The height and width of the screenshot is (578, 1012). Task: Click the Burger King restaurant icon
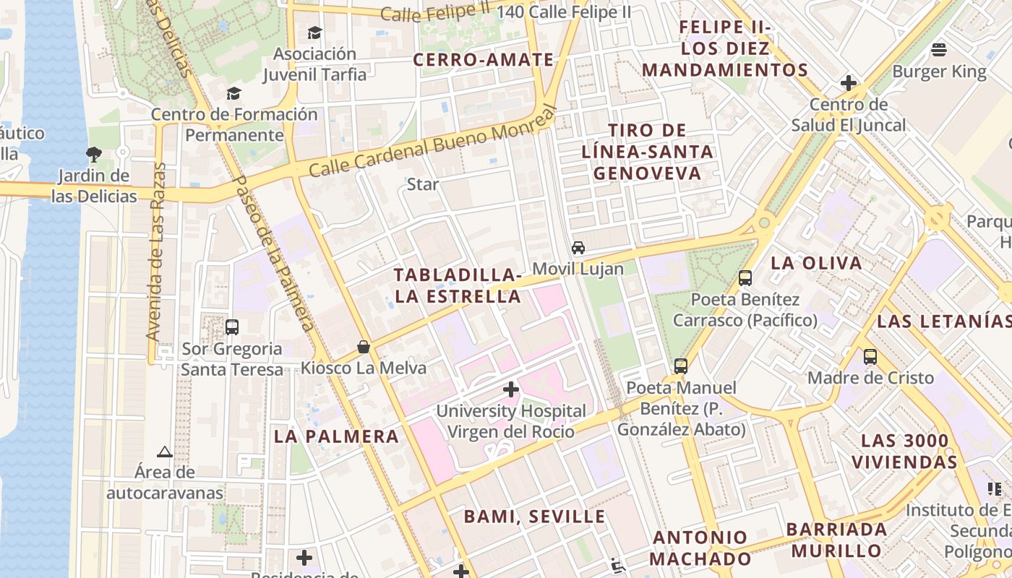point(939,50)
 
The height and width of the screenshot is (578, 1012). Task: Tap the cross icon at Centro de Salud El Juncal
point(849,83)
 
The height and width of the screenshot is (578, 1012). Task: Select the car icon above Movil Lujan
point(578,248)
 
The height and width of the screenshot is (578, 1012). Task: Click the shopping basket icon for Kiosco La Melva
point(364,348)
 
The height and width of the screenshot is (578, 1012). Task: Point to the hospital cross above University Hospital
point(511,390)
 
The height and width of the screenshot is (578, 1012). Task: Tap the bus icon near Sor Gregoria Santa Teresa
point(232,327)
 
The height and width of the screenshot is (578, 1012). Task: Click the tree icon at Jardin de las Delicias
point(93,154)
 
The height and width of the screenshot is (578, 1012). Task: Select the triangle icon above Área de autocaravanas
point(165,452)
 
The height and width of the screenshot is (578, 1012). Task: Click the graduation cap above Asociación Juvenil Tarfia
point(314,33)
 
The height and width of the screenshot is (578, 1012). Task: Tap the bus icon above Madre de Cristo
point(870,357)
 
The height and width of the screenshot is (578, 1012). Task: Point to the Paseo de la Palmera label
point(275,253)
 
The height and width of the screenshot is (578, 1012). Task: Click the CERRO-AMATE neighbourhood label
point(483,60)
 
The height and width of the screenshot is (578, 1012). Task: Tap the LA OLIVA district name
point(816,263)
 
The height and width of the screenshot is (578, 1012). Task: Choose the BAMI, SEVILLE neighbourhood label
point(534,517)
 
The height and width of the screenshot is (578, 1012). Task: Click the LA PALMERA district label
point(336,436)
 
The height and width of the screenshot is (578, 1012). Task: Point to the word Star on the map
point(423,184)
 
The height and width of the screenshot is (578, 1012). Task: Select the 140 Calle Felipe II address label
point(564,12)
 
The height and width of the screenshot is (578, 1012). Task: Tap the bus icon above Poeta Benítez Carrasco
point(745,278)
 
